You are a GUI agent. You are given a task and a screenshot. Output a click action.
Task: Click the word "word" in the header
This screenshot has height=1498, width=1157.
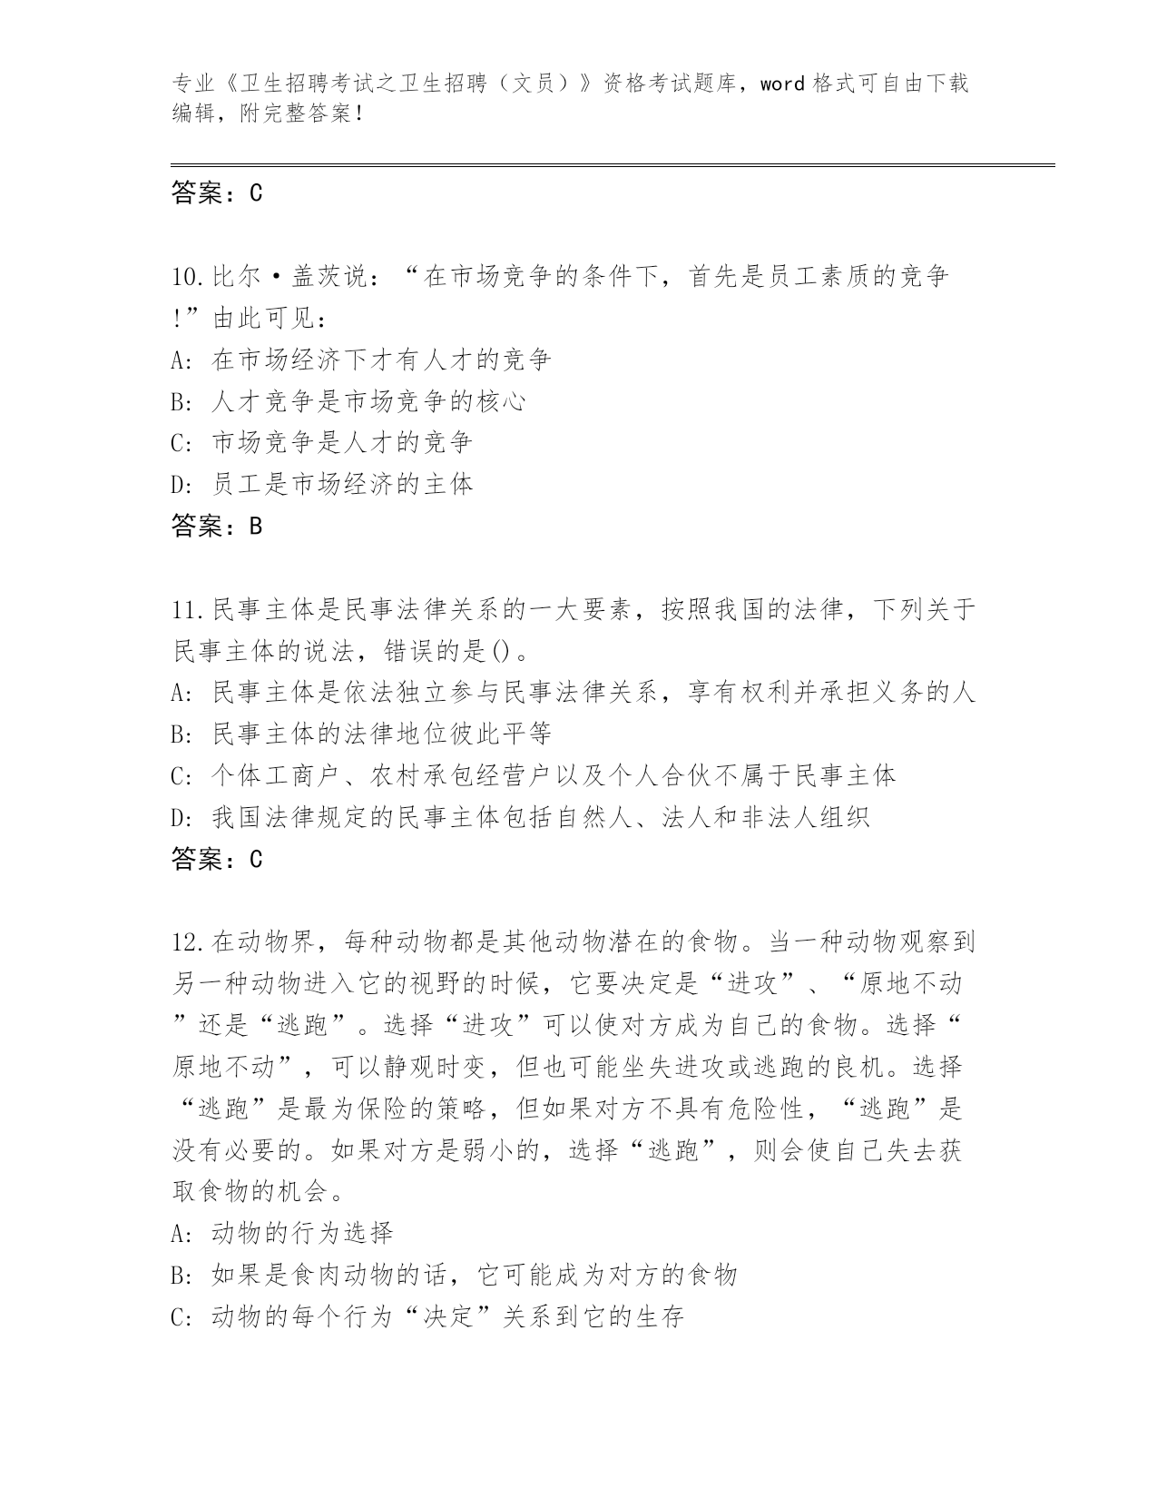click(782, 84)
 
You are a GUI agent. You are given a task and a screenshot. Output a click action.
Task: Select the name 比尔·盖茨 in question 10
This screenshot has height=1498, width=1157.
click(274, 277)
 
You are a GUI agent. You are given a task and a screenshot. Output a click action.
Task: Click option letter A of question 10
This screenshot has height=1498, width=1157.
click(179, 360)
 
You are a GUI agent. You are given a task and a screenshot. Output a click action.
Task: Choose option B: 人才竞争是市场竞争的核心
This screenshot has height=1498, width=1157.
click(368, 401)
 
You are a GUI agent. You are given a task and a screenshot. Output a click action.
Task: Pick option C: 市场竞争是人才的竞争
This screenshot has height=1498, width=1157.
click(341, 443)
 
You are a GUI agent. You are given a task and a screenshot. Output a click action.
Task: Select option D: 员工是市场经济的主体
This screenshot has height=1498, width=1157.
click(341, 484)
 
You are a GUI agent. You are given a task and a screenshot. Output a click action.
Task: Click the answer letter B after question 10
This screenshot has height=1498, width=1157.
click(255, 526)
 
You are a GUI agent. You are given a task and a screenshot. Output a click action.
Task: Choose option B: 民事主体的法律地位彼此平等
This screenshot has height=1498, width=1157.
click(381, 734)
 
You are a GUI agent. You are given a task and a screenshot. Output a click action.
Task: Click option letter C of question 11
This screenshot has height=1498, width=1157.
click(179, 775)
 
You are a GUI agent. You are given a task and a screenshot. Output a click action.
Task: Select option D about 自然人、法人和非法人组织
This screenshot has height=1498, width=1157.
click(540, 817)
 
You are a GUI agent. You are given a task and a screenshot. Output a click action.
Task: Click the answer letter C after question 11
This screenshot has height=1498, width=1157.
click(255, 859)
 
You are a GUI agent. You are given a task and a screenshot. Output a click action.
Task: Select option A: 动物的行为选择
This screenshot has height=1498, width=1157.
click(301, 1233)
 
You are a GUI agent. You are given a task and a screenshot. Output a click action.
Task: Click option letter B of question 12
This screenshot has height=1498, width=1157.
click(179, 1275)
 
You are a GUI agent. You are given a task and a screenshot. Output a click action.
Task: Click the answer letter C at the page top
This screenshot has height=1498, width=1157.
click(255, 192)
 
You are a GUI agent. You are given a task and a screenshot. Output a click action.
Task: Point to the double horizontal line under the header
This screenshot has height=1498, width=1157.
click(613, 164)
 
